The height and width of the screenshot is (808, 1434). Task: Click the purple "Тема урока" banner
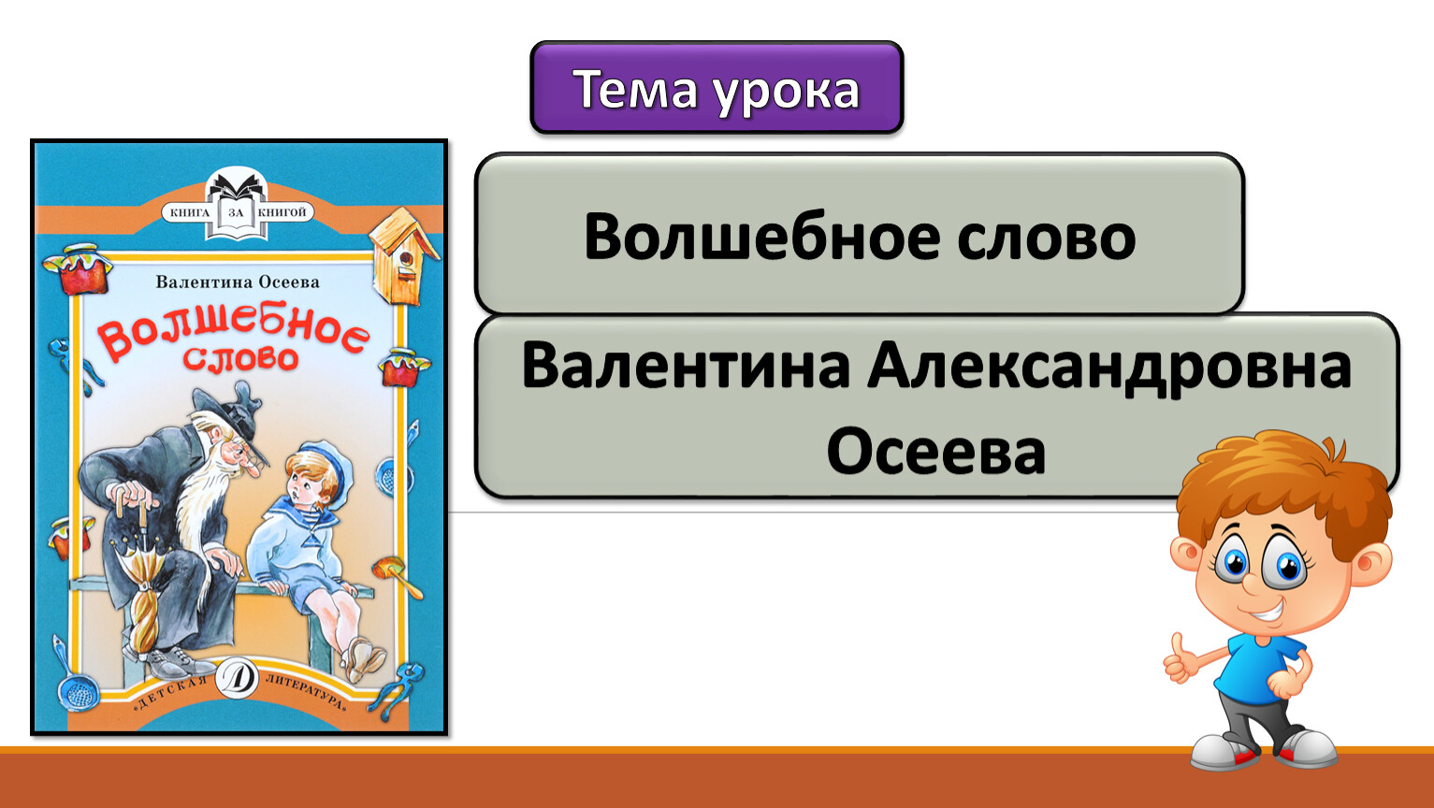pyautogui.click(x=717, y=87)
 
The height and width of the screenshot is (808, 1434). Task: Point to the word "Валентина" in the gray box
pyautogui.click(x=686, y=366)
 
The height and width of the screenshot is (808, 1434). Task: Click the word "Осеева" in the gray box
pyautogui.click(x=936, y=452)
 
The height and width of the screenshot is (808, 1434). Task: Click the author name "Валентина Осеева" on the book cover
pyautogui.click(x=238, y=281)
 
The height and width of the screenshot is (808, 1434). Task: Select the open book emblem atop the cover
pyautogui.click(x=236, y=203)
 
